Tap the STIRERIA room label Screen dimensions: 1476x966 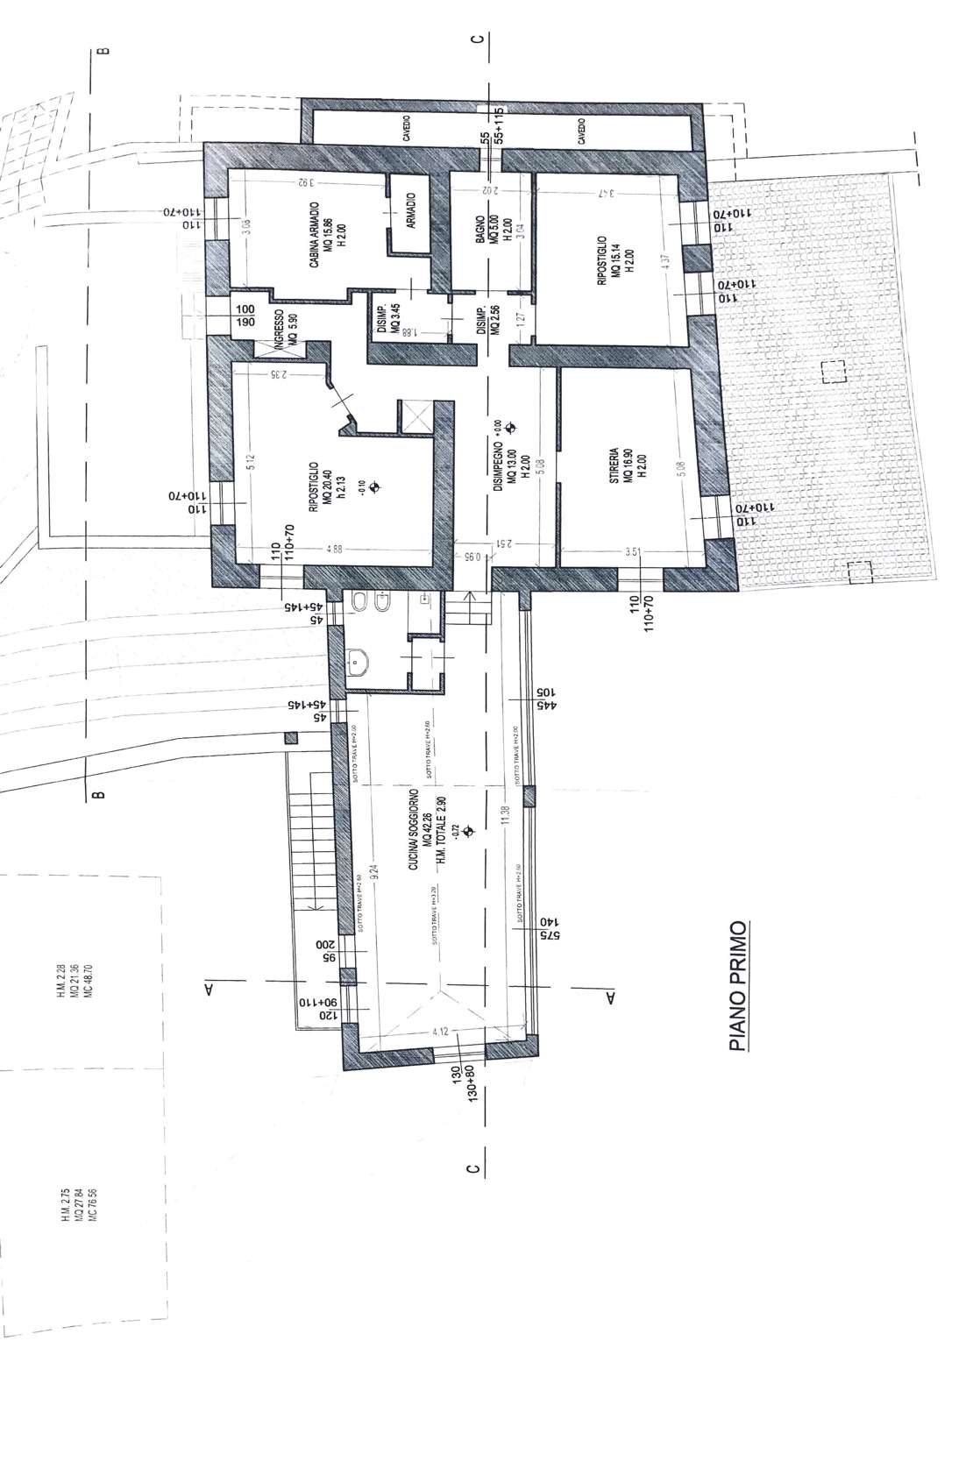coord(614,465)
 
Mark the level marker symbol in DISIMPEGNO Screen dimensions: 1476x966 coord(511,429)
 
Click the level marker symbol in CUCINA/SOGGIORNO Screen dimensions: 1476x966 coord(467,829)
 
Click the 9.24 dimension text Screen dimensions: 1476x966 coord(374,871)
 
